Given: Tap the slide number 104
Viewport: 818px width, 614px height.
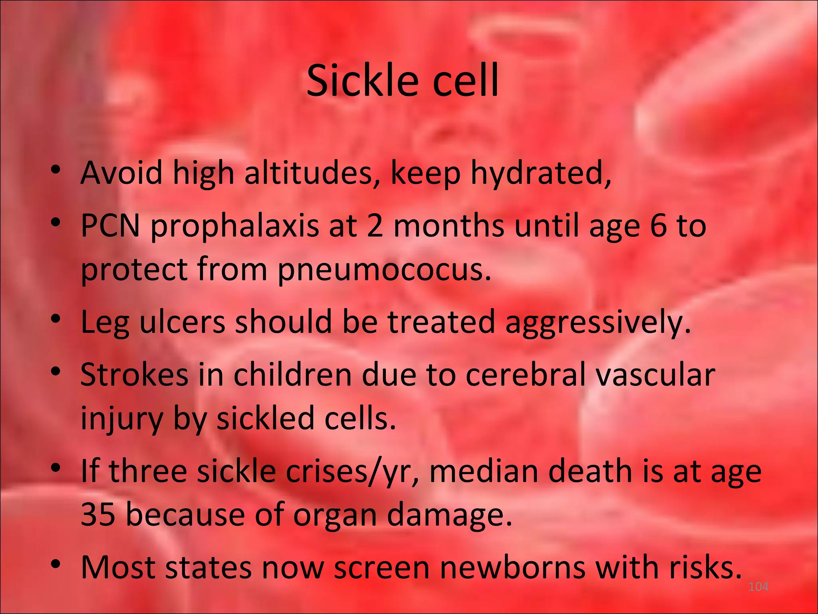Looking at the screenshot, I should click(758, 587).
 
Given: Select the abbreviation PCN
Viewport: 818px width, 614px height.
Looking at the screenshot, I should click(111, 225).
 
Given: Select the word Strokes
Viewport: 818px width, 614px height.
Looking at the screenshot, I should click(134, 375).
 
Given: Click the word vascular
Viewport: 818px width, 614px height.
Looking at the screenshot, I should click(655, 375).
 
